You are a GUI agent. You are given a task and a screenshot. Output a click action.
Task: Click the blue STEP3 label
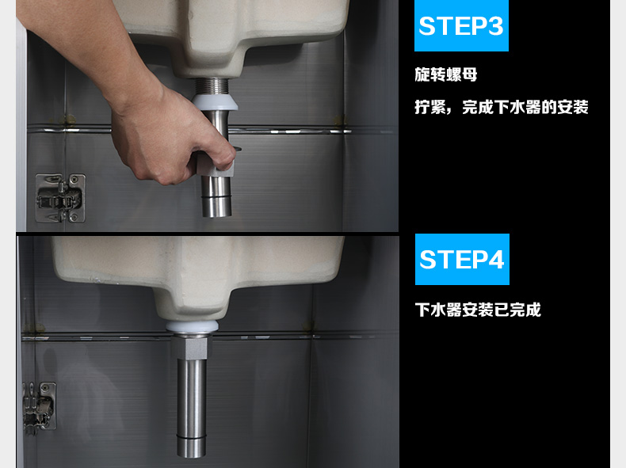[x=461, y=25]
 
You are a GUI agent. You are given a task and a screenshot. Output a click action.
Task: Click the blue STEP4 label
[x=462, y=259]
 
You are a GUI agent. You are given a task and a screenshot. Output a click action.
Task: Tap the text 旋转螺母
[x=445, y=74]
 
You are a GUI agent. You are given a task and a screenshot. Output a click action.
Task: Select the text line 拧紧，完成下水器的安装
[x=502, y=107]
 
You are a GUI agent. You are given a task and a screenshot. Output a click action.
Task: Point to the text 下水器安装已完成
[x=478, y=310]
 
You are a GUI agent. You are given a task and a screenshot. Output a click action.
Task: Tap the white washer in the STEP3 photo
[x=216, y=102]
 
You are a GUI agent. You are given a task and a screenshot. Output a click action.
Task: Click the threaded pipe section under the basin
[x=212, y=86]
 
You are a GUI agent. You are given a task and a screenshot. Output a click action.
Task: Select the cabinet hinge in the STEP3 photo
[x=60, y=197]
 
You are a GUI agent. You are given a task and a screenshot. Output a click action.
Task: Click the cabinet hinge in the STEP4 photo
[x=39, y=406]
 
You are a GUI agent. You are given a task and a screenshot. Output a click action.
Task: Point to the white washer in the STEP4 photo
[x=192, y=327]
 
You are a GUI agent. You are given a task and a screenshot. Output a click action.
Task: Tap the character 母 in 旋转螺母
[x=469, y=74]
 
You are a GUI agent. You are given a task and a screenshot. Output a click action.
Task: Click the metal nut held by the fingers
[x=216, y=165]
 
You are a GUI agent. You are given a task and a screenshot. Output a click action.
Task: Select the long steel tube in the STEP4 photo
[x=192, y=408]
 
